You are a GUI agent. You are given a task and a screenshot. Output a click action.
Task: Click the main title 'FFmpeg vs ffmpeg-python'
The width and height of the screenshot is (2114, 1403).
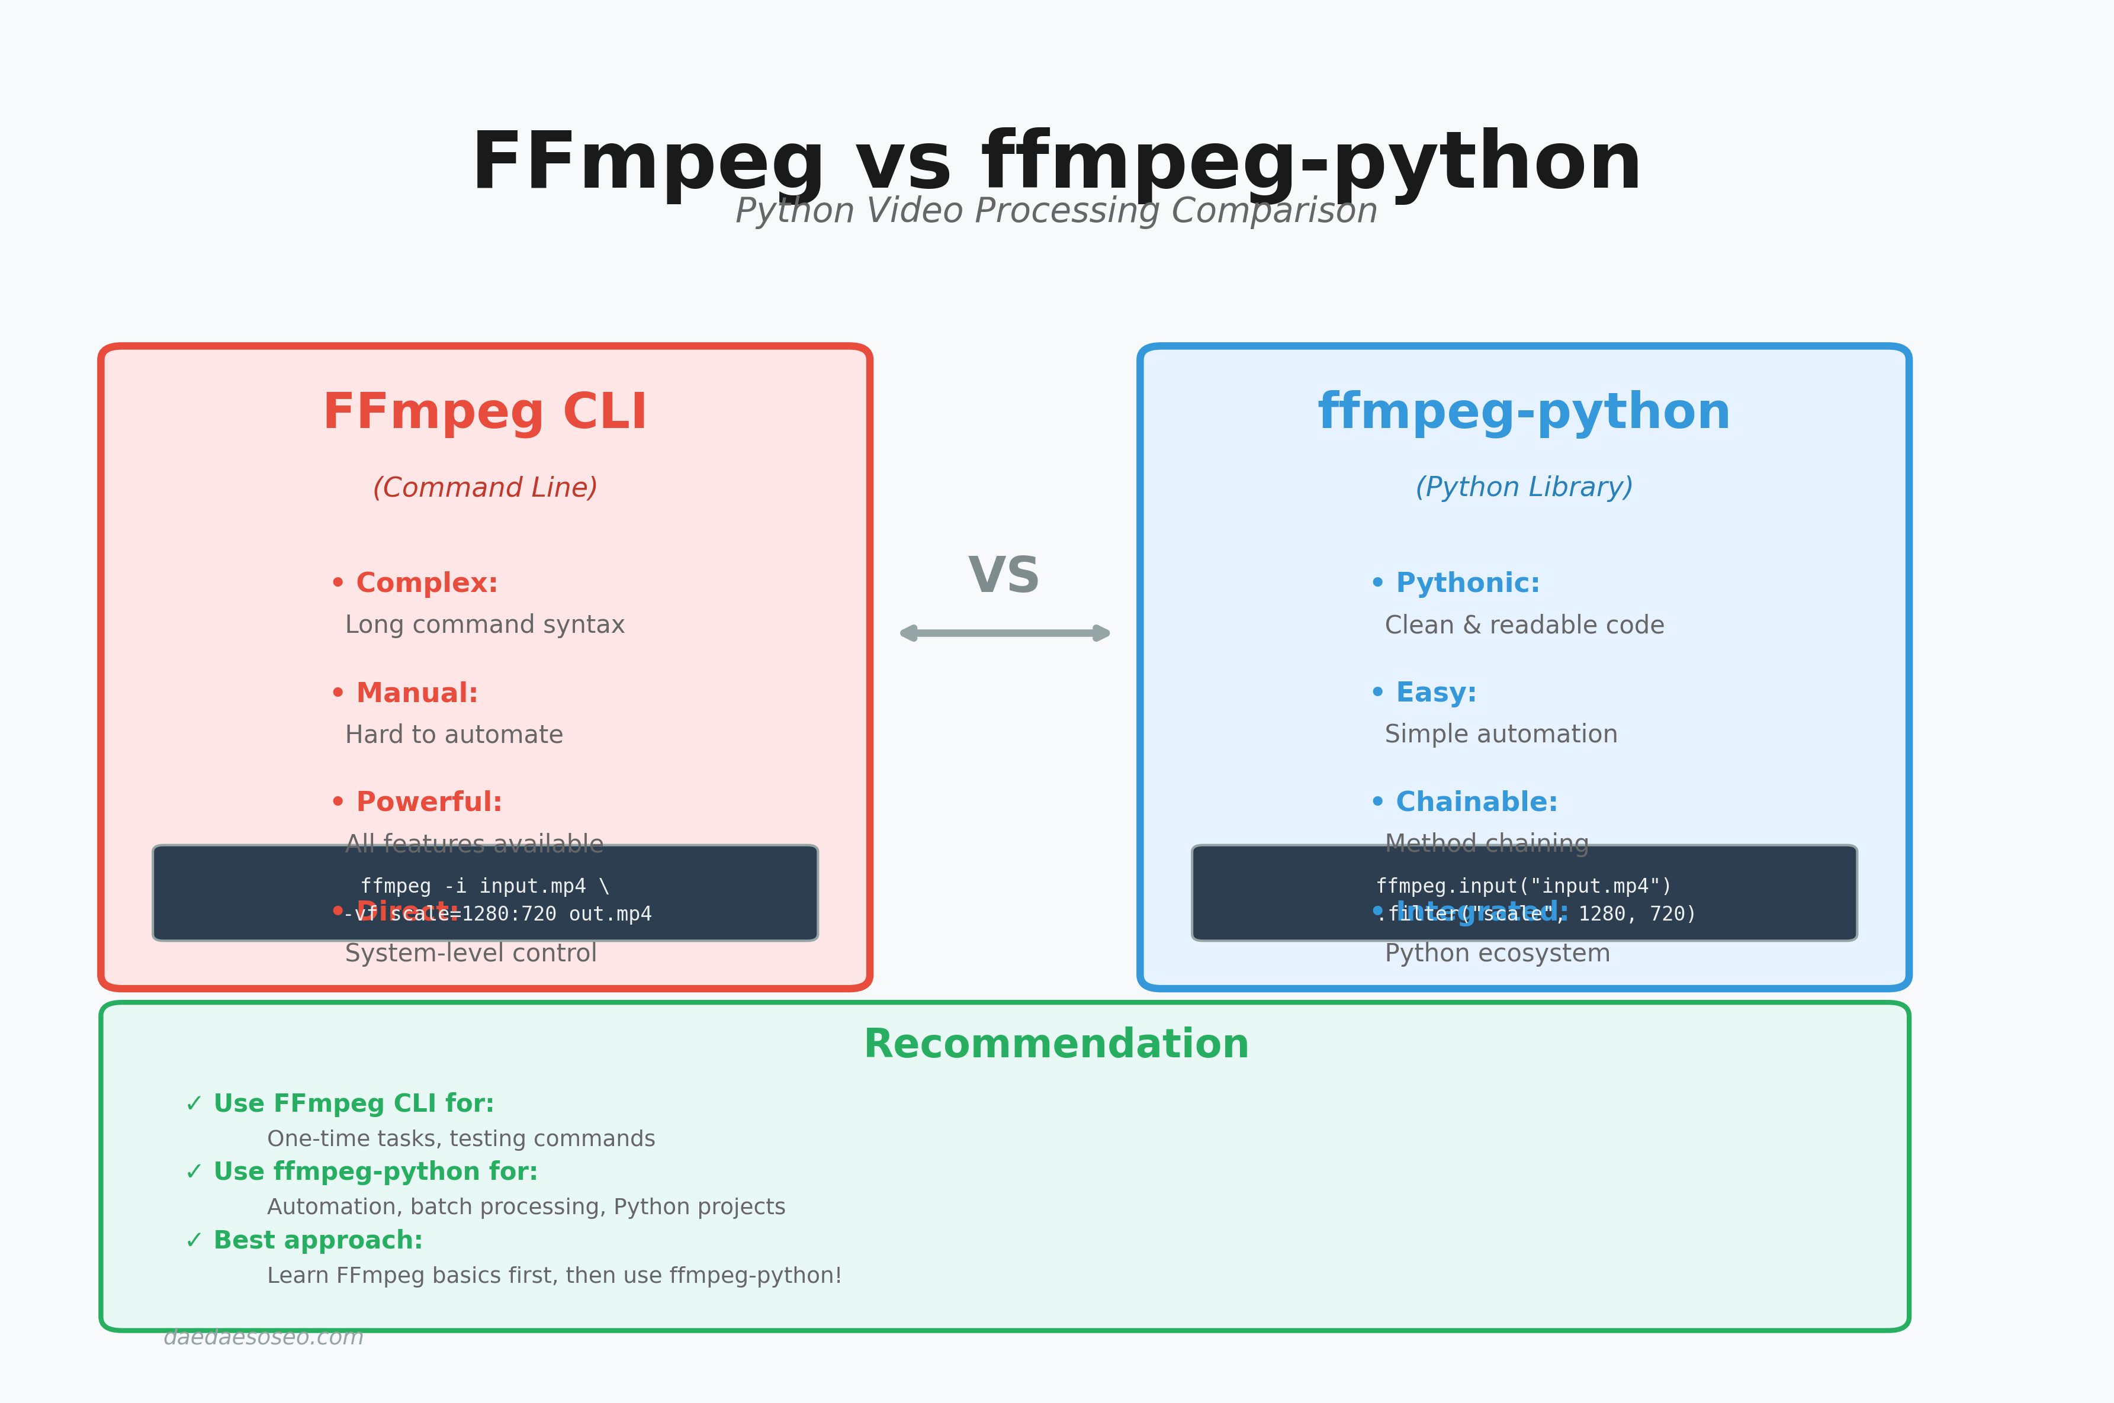1056,163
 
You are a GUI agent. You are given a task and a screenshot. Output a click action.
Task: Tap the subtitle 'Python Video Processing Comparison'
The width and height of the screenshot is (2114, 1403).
1056,212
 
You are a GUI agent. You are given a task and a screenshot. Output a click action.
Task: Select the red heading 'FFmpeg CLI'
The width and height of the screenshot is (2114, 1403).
484,413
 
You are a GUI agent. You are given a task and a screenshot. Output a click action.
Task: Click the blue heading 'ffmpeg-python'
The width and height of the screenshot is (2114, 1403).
1523,413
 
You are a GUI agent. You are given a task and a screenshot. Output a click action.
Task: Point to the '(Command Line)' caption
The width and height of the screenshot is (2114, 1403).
484,488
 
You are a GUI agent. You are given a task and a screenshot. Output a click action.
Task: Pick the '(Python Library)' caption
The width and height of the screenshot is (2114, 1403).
1523,488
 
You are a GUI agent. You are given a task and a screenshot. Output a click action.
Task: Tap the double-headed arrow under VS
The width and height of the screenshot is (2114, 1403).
1004,633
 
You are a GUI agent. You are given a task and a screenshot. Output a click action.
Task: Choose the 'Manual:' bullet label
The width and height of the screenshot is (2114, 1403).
416,693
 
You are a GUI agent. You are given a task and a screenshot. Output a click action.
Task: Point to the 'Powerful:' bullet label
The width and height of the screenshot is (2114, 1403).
429,803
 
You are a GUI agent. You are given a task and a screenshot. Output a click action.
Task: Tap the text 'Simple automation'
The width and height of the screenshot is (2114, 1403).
1501,735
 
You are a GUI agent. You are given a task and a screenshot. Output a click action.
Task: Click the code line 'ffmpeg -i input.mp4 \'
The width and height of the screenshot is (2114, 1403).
484,886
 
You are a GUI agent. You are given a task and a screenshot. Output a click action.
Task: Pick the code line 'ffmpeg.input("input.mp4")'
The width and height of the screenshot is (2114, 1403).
1523,886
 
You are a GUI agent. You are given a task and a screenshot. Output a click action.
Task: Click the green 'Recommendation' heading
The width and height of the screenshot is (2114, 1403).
1056,1045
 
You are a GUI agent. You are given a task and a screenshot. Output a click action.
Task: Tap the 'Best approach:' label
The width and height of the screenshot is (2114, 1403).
318,1240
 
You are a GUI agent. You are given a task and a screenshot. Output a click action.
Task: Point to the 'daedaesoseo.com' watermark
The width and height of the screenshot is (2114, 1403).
263,1337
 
